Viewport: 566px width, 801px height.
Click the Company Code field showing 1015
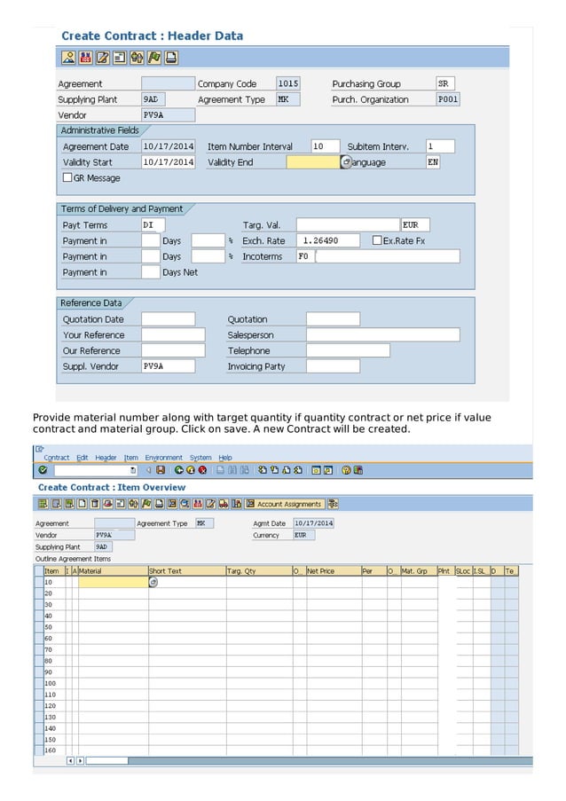tap(287, 83)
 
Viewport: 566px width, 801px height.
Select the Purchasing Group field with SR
tap(446, 83)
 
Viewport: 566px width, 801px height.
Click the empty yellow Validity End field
tap(312, 162)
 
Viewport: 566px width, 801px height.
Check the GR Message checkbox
tap(68, 178)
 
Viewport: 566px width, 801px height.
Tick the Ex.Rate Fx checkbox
tap(377, 240)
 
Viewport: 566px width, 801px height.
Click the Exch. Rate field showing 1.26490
tap(328, 240)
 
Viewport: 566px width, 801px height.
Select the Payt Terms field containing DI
tap(153, 225)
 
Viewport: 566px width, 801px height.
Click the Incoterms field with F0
tap(304, 256)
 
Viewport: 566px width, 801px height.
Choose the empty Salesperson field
tap(382, 335)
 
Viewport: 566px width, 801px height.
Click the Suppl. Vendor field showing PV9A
tap(168, 366)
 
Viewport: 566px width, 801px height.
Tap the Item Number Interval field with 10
tap(324, 146)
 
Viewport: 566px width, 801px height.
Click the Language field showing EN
tap(432, 162)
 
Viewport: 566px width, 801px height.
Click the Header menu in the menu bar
tap(106, 458)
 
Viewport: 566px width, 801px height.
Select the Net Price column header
tap(332, 571)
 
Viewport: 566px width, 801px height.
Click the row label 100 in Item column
tap(51, 683)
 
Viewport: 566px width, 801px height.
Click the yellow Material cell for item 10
tap(113, 582)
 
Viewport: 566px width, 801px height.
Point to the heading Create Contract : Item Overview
tap(112, 488)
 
